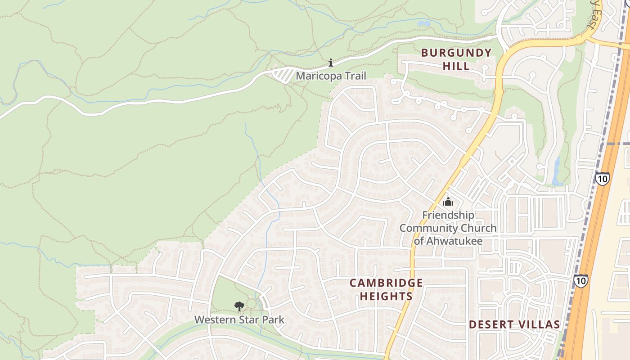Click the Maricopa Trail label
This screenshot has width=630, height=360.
point(331,76)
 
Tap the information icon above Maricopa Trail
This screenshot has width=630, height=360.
point(331,63)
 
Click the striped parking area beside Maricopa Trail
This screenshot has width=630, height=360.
point(283,75)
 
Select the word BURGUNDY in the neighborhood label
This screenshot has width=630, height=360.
point(456,53)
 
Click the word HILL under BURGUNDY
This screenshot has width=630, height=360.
point(456,66)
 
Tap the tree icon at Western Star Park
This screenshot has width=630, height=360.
point(239,306)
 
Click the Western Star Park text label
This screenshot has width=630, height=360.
point(239,319)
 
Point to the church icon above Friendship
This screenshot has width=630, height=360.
point(448,202)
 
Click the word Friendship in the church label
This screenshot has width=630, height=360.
point(448,215)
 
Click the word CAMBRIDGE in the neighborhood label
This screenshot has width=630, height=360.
point(386,283)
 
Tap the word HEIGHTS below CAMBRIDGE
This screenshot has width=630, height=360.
point(386,297)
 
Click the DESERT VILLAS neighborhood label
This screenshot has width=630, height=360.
point(514,324)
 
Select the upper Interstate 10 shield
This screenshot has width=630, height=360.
point(602,178)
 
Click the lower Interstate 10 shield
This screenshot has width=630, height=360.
point(580,281)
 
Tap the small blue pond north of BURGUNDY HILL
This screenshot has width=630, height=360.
point(423,23)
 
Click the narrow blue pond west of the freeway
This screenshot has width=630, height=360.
point(557,171)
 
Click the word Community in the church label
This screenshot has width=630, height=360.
point(448,228)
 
